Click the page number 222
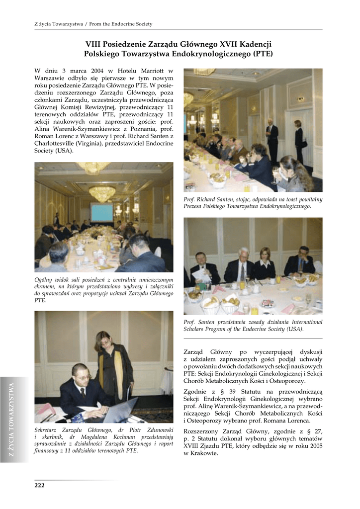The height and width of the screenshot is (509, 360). (x=39, y=485)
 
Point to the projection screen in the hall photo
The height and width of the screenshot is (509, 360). (x=101, y=212)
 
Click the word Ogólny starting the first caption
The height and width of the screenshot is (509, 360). (x=44, y=280)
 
